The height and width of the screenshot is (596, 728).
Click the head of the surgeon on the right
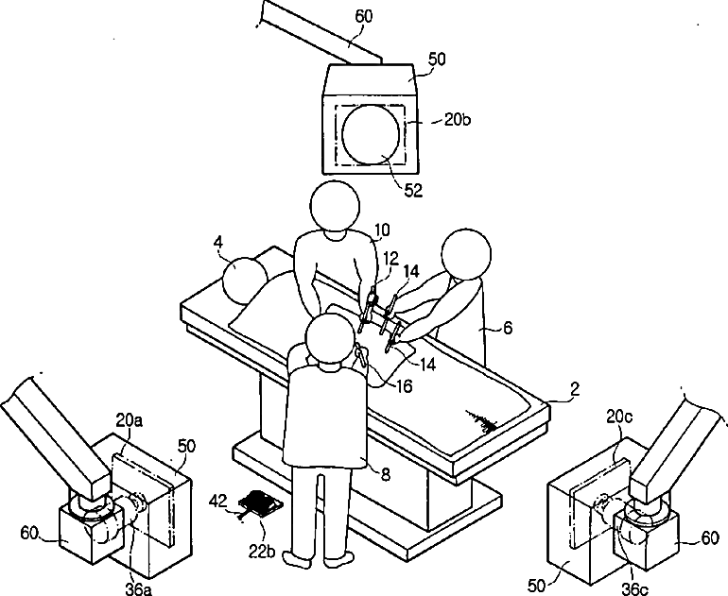(x=466, y=254)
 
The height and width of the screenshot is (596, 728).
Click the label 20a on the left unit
(x=130, y=419)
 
